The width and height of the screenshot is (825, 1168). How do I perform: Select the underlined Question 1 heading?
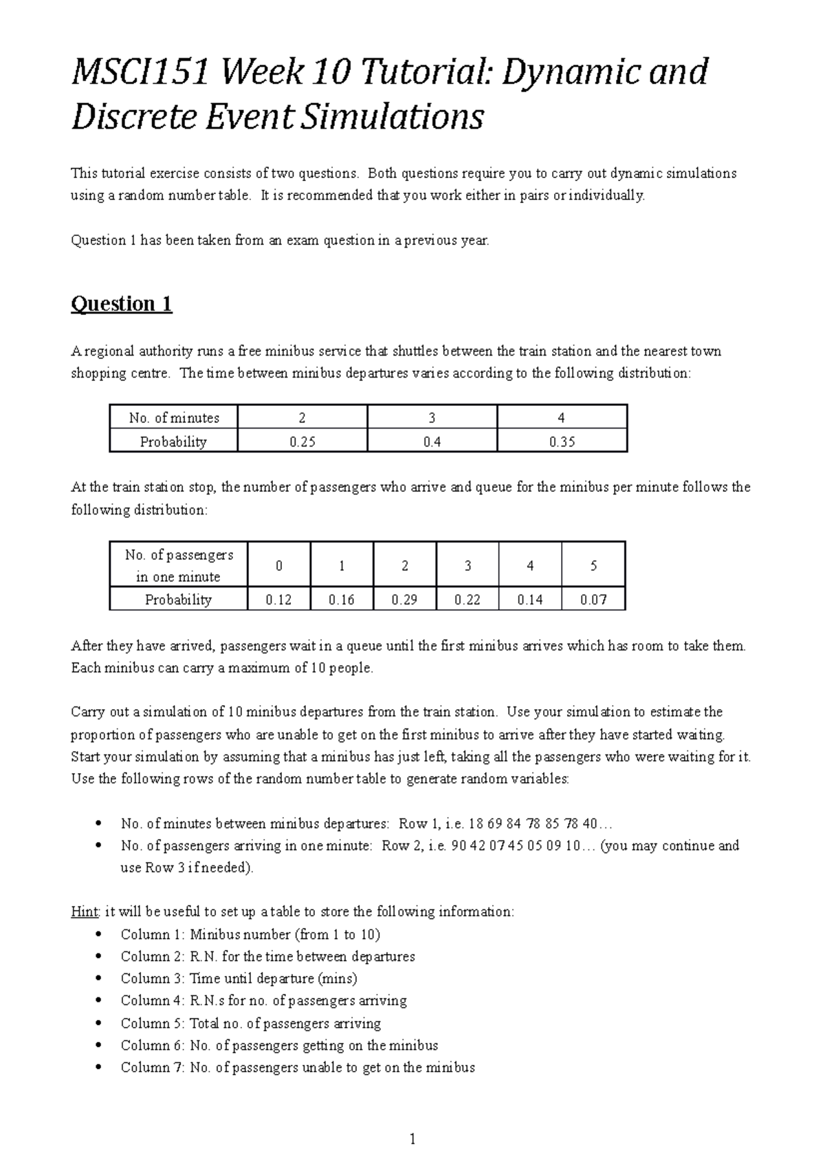coord(121,304)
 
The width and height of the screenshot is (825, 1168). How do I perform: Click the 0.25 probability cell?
coord(302,442)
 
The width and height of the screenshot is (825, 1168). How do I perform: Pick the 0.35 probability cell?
coord(562,442)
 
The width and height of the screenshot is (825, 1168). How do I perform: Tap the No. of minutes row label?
coord(174,418)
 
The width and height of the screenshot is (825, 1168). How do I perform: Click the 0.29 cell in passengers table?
coord(404,600)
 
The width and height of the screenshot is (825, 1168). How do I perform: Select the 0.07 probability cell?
coord(593,600)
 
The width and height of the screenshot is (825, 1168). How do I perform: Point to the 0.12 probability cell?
coord(278,600)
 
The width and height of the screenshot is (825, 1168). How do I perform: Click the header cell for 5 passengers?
coord(593,565)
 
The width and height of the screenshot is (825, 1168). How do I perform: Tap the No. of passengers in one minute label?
coord(179,565)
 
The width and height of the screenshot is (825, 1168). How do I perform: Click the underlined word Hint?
coord(85,912)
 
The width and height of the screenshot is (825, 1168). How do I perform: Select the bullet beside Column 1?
coord(100,935)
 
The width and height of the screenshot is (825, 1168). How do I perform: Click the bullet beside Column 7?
coord(100,1068)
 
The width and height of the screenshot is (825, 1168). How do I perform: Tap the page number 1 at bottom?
coord(412,1139)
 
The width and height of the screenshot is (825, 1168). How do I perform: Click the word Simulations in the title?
coord(394,118)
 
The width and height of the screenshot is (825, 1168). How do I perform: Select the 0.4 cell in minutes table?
coord(432,442)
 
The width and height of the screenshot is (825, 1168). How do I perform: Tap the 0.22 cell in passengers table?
coord(467,600)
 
